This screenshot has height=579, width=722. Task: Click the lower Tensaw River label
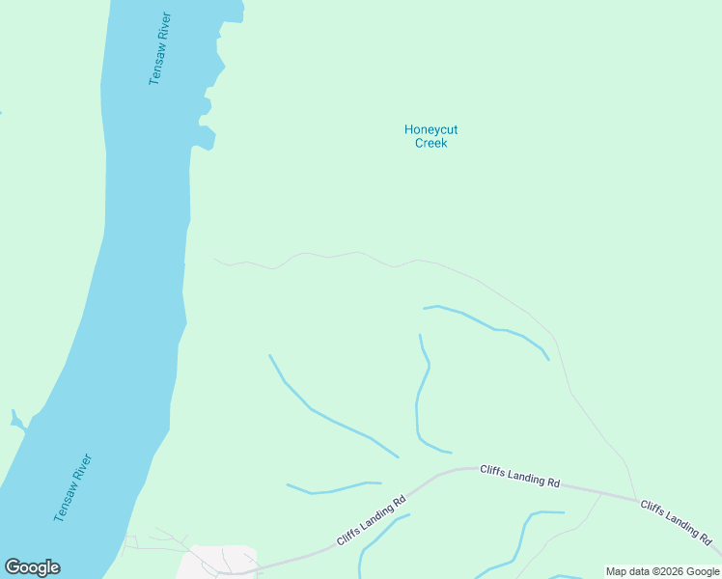72,487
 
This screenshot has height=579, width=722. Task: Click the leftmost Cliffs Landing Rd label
371,521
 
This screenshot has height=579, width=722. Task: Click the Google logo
32,567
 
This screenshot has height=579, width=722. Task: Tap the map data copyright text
662,571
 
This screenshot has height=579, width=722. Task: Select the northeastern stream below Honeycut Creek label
492,327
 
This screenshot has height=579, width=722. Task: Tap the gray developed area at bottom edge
222,562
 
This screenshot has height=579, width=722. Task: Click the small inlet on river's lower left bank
16,421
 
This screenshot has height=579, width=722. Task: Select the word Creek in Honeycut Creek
430,143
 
